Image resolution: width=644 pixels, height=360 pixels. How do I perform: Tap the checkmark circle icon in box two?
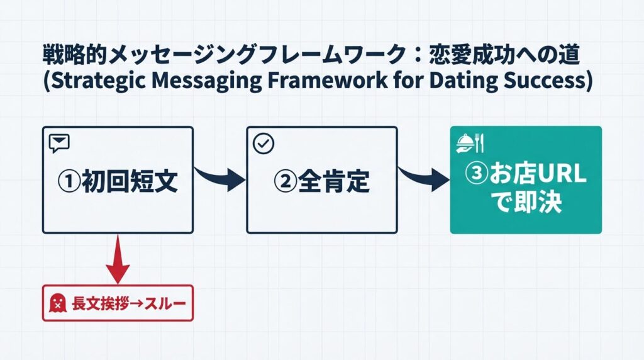pyautogui.click(x=263, y=143)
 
